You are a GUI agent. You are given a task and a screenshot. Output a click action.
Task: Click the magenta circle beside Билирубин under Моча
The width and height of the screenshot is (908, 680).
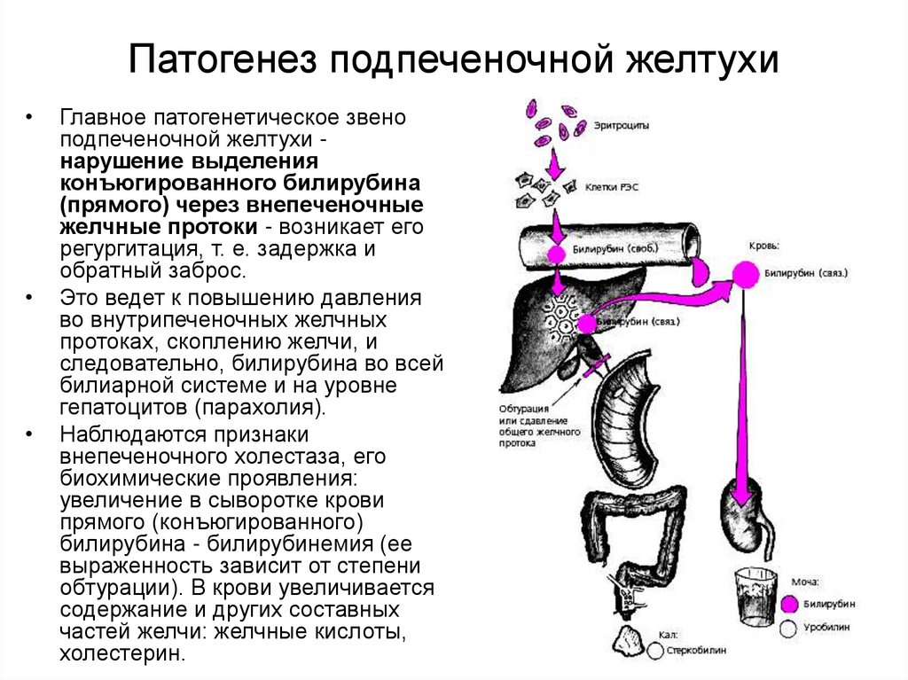(x=788, y=605)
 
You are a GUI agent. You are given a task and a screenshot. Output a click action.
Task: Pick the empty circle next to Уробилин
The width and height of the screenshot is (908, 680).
(x=788, y=628)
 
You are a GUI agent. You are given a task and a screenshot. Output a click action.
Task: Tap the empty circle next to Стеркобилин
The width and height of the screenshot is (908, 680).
(x=655, y=650)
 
